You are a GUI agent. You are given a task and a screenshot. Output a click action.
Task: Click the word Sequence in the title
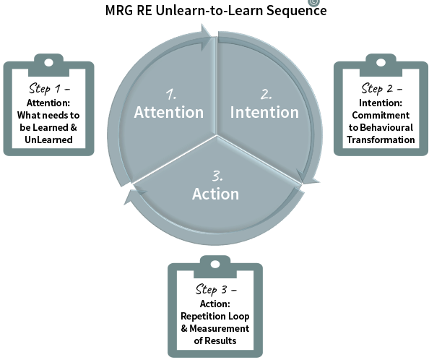pyautogui.click(x=297, y=10)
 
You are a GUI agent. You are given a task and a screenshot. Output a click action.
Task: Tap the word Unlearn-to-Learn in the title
pyautogui.click(x=209, y=10)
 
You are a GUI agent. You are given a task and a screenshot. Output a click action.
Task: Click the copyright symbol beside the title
pyautogui.click(x=314, y=2)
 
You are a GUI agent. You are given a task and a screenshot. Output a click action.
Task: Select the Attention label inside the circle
pyautogui.click(x=169, y=112)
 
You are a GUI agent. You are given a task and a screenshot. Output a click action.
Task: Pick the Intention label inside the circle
pyautogui.click(x=264, y=112)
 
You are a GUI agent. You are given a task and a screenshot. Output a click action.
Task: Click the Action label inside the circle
pyautogui.click(x=216, y=194)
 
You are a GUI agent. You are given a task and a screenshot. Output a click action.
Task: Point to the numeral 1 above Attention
pyautogui.click(x=171, y=94)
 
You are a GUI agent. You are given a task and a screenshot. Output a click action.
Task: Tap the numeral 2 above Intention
pyautogui.click(x=266, y=94)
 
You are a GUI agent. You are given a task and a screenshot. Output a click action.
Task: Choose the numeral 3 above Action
pyautogui.click(x=217, y=176)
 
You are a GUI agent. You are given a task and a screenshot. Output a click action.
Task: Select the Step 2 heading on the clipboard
pyautogui.click(x=381, y=88)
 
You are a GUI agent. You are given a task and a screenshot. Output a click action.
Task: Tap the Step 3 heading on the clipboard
pyautogui.click(x=216, y=289)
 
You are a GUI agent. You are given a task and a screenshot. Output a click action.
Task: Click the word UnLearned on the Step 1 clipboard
pyautogui.click(x=48, y=140)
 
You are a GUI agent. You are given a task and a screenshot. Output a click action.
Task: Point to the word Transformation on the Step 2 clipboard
pyautogui.click(x=381, y=140)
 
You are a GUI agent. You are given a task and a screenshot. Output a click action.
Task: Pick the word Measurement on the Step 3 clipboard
pyautogui.click(x=219, y=328)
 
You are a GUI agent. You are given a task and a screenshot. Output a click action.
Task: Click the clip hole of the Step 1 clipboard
pyautogui.click(x=48, y=63)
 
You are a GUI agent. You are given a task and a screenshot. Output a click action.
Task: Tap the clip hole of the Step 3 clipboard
pyautogui.click(x=215, y=265)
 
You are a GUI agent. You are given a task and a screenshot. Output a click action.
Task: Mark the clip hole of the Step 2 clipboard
pyautogui.click(x=381, y=63)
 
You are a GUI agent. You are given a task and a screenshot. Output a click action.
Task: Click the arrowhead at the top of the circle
pyautogui.click(x=206, y=37)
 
